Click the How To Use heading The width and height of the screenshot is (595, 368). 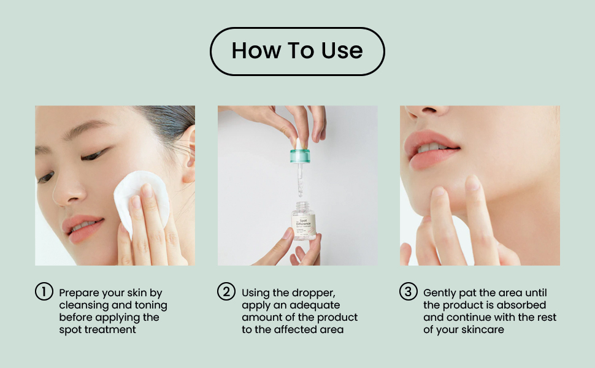click(297, 51)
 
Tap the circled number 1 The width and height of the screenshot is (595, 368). click(44, 293)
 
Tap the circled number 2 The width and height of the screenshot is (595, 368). click(226, 293)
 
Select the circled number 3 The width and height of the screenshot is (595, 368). click(409, 293)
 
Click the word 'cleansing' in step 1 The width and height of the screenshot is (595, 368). click(84, 305)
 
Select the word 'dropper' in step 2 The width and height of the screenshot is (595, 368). click(315, 293)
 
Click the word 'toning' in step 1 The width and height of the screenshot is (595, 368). click(149, 305)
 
